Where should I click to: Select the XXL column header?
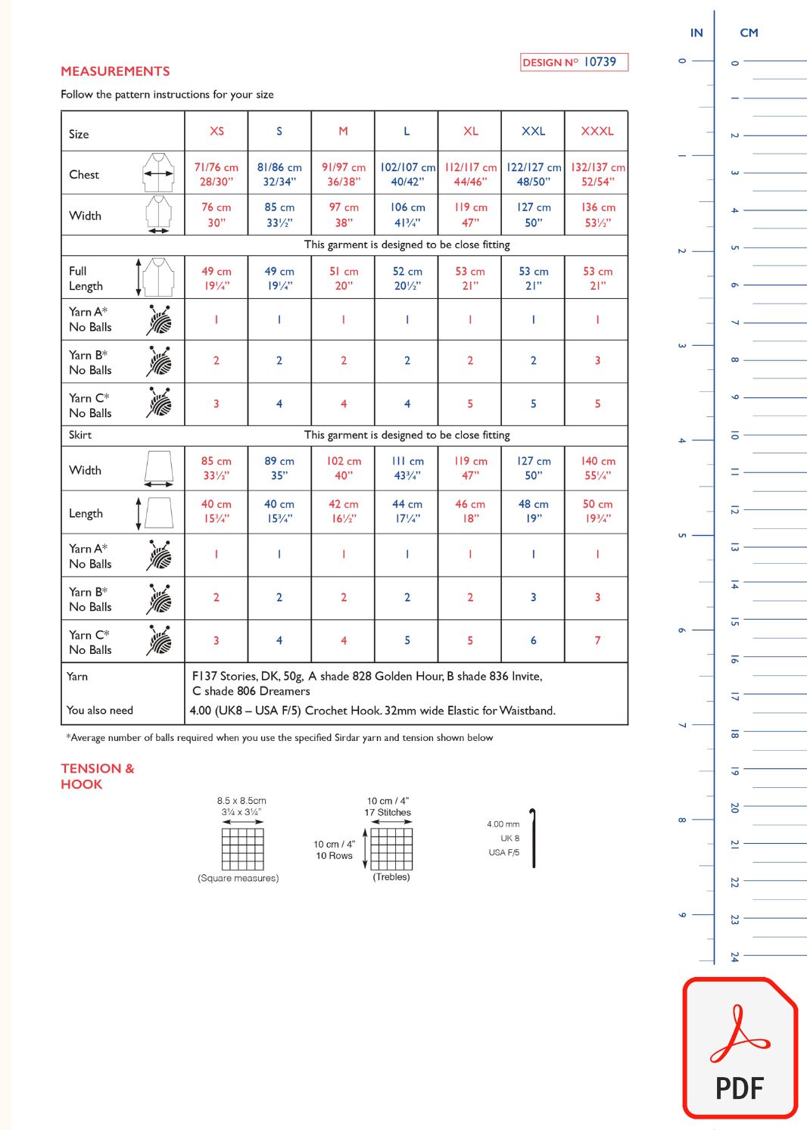(x=533, y=131)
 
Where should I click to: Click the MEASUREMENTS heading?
(x=115, y=71)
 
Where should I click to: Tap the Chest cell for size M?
(x=343, y=174)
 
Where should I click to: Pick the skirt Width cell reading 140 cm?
(x=597, y=468)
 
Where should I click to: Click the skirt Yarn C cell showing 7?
(x=597, y=640)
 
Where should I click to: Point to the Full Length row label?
(x=86, y=279)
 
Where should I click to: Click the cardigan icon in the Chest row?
(x=159, y=173)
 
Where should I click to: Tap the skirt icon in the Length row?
(x=159, y=512)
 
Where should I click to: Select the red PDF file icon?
(x=740, y=1048)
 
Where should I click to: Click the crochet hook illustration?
(x=533, y=838)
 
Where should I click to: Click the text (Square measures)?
(x=238, y=878)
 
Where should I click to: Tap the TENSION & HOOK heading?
(x=97, y=776)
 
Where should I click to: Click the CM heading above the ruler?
(x=749, y=33)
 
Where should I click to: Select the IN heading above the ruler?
(x=696, y=33)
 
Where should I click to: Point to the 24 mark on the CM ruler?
(x=734, y=957)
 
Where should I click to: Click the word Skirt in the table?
(x=80, y=435)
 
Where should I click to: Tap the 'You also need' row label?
(x=100, y=710)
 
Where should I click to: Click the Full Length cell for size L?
(x=407, y=279)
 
